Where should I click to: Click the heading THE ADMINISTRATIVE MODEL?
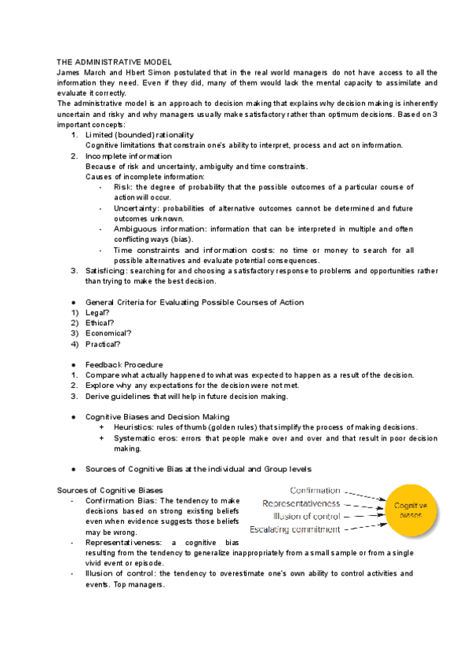pyautogui.click(x=115, y=61)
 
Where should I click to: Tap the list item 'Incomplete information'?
pyautogui.click(x=128, y=156)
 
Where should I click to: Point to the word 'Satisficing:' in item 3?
pyautogui.click(x=107, y=270)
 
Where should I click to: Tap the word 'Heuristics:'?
pyautogui.click(x=136, y=426)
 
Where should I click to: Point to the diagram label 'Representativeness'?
pyautogui.click(x=301, y=503)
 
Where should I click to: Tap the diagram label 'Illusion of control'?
pyautogui.click(x=306, y=516)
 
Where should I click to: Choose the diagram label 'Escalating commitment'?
pyautogui.click(x=294, y=529)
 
